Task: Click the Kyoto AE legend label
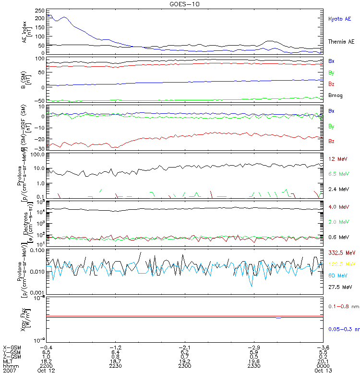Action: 339,19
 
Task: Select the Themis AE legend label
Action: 341,42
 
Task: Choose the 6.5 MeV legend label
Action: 338,173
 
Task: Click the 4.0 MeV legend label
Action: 338,207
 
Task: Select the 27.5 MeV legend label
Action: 340,287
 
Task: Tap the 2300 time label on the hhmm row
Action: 184,366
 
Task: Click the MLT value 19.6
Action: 253,361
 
